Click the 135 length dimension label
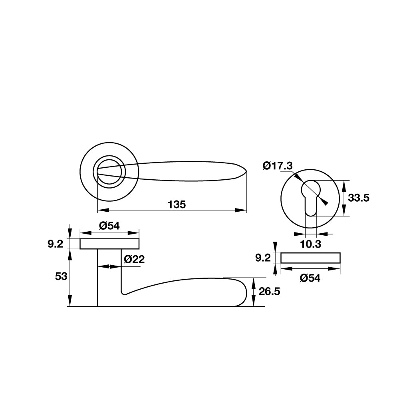(177, 204)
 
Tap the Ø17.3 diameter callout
(278, 166)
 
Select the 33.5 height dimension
(359, 198)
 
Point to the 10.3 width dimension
(310, 244)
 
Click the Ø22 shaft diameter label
(134, 259)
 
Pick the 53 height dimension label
(61, 276)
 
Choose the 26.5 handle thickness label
(269, 291)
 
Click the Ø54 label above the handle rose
(109, 226)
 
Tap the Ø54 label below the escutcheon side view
(310, 278)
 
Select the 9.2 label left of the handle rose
(55, 244)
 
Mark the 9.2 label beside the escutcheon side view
(263, 258)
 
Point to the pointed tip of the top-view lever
(246, 171)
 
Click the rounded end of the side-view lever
(245, 292)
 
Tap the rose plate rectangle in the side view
(109, 244)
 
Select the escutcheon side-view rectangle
(310, 258)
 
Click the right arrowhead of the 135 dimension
(241, 210)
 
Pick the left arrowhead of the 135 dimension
(103, 210)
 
